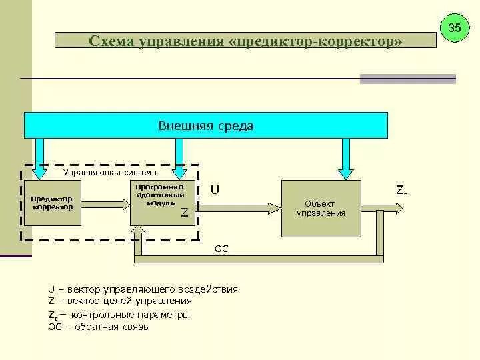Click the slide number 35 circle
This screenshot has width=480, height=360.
pos(455,28)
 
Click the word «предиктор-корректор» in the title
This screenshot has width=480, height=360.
pos(316,42)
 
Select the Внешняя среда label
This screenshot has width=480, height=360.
pos(205,125)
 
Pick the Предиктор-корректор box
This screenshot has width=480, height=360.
pos(51,203)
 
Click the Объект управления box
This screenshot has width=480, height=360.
pos(321,209)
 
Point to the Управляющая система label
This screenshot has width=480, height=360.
pos(110,172)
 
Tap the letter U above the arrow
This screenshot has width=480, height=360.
pos(215,190)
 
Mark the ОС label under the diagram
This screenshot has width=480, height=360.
pos(222,249)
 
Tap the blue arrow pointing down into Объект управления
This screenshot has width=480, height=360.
pos(345,160)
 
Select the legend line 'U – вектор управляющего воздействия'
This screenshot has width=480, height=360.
pos(143,289)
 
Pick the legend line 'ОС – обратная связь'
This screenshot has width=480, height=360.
pos(98,327)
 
